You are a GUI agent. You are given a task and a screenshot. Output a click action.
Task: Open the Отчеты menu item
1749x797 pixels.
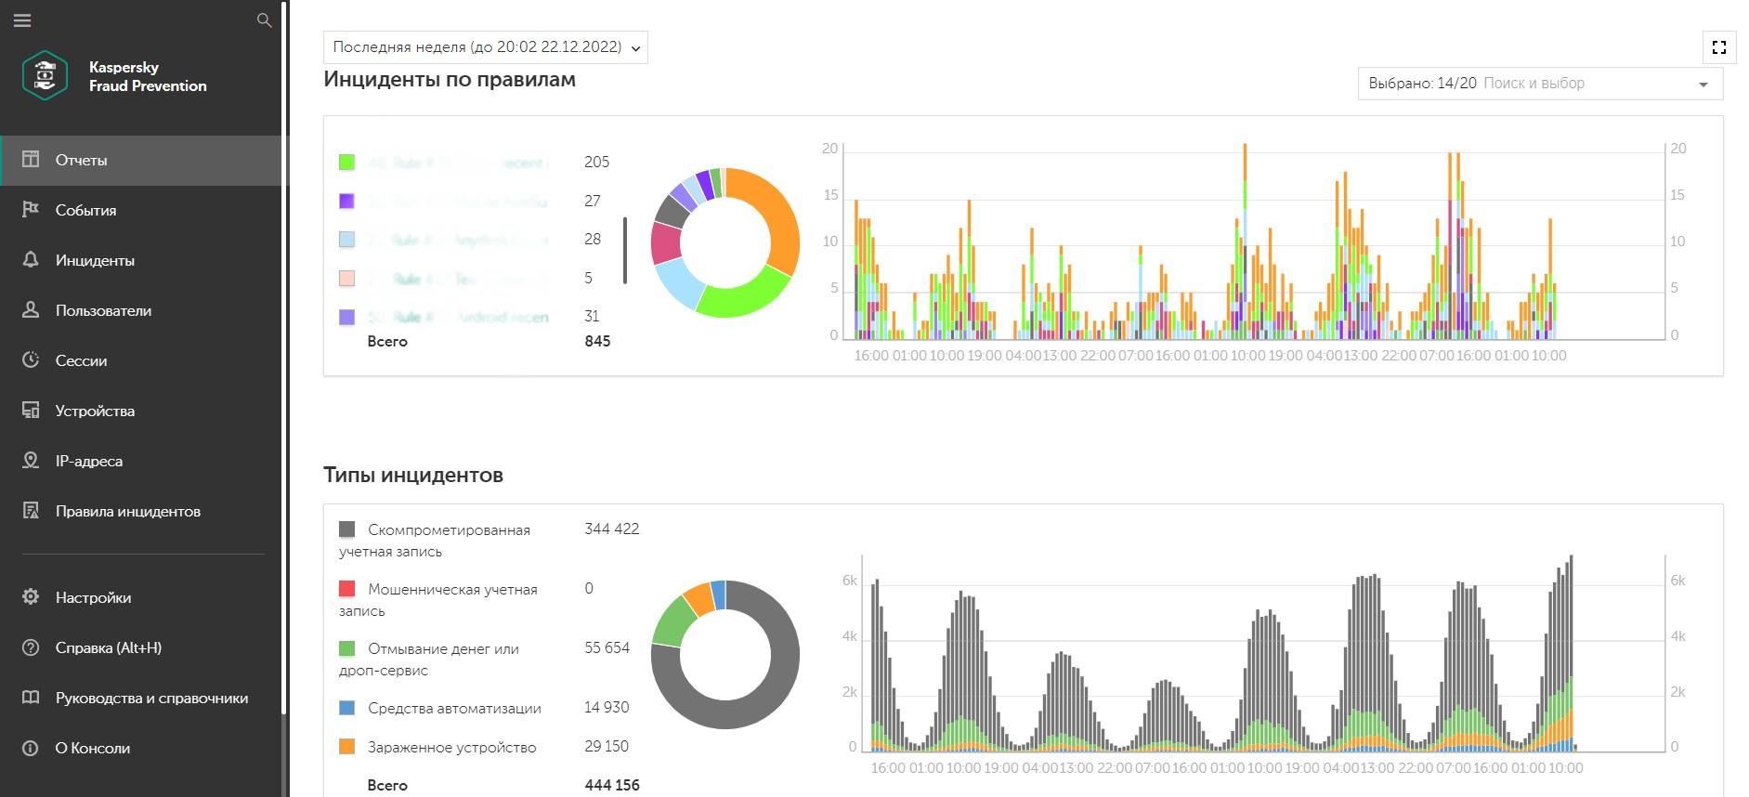(x=81, y=160)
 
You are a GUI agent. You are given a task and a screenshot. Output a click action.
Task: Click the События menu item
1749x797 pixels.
(x=85, y=210)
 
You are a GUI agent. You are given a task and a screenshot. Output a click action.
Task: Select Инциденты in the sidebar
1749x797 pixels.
(x=94, y=260)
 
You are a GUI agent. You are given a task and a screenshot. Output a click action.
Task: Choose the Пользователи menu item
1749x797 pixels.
(x=102, y=310)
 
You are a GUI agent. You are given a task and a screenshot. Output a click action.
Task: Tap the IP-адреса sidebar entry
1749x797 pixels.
(x=88, y=461)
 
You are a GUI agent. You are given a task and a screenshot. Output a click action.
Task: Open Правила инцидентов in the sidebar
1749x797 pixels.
(x=127, y=511)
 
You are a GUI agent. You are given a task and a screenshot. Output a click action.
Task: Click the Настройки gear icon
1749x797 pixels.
(x=31, y=597)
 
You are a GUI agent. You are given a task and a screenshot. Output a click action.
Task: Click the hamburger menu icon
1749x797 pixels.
(x=22, y=20)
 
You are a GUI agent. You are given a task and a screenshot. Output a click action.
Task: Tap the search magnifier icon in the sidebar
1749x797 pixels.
(x=265, y=20)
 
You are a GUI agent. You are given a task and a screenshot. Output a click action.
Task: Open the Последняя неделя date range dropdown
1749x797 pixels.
(x=485, y=47)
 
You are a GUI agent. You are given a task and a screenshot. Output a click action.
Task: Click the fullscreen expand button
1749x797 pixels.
(x=1718, y=47)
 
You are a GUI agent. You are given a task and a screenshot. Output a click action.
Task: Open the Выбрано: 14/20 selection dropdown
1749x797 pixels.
(x=1539, y=84)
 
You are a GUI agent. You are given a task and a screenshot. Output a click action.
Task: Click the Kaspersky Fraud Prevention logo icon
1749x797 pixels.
(x=45, y=76)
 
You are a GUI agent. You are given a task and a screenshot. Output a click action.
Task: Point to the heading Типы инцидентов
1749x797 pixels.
(x=413, y=475)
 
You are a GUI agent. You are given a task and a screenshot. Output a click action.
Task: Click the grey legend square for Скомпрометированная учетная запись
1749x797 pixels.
(x=346, y=529)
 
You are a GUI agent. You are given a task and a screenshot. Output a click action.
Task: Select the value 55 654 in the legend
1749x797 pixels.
(x=607, y=647)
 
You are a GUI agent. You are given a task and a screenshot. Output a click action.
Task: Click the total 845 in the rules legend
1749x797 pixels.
(x=597, y=341)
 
